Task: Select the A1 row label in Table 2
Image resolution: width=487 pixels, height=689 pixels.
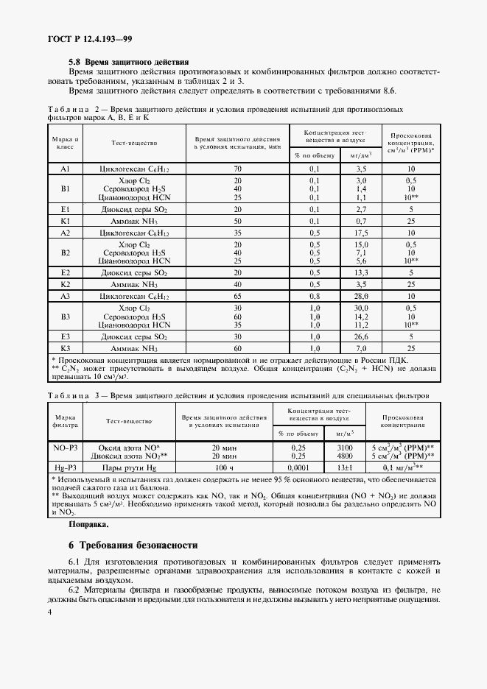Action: click(x=65, y=169)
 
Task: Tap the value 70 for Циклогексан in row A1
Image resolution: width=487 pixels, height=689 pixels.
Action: click(x=237, y=169)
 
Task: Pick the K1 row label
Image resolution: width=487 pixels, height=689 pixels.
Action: click(x=65, y=221)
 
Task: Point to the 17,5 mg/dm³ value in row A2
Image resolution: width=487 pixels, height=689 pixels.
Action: click(x=361, y=232)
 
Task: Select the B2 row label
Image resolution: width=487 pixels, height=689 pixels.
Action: click(x=65, y=252)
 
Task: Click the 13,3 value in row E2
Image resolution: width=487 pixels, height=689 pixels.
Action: click(x=361, y=272)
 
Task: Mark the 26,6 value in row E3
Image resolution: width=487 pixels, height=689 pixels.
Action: click(x=361, y=336)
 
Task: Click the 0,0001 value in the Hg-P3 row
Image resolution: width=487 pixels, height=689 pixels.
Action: click(x=298, y=467)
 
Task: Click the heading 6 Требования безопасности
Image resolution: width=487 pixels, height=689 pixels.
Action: click(x=133, y=545)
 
